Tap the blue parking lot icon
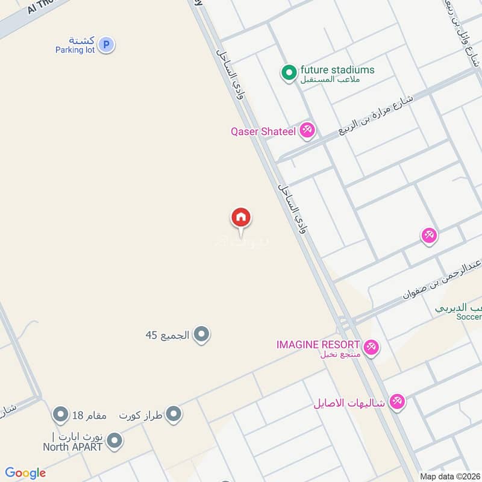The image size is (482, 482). point(106,44)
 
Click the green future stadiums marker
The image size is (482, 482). point(289,73)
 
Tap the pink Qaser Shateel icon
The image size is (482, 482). point(307,130)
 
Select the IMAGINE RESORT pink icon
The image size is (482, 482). point(370,346)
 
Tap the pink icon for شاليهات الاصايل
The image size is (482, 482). point(396,401)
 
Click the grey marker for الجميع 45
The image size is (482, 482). point(201,334)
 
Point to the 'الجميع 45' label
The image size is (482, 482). point(167,334)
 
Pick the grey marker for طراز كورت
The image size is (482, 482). point(174,414)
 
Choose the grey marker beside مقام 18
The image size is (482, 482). point(60,415)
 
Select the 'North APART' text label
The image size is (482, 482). point(72,447)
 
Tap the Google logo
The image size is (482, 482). point(25,473)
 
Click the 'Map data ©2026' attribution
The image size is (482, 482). point(449,477)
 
